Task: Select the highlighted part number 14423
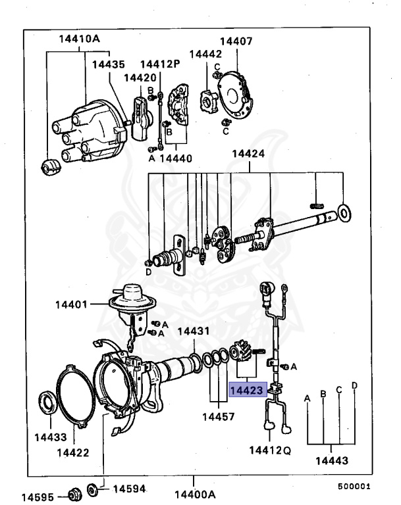247,390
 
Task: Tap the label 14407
235,41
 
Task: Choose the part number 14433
49,436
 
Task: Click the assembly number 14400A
194,493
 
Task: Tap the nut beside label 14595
74,492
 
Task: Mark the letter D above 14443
354,385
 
